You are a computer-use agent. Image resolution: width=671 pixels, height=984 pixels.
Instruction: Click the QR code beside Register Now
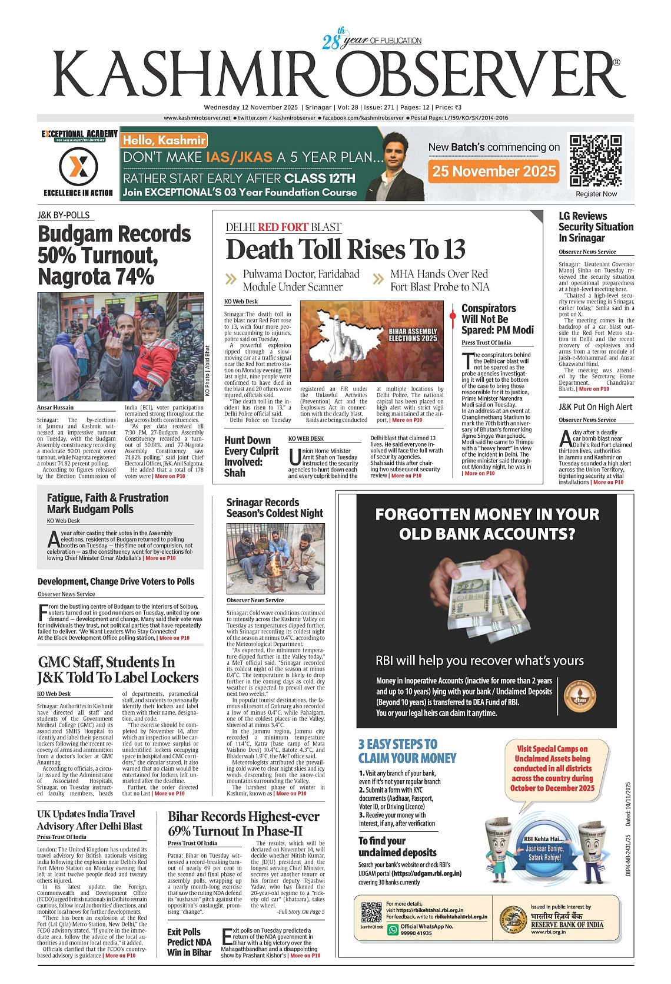pos(596,160)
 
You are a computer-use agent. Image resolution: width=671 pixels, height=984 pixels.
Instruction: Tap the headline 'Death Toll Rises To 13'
pos(346,250)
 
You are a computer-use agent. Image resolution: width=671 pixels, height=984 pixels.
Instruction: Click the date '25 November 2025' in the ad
pos(494,171)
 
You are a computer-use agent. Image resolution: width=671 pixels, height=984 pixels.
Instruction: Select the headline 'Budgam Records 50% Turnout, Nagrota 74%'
pos(114,255)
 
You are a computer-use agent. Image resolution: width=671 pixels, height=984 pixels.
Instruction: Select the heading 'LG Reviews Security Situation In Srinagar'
pos(596,227)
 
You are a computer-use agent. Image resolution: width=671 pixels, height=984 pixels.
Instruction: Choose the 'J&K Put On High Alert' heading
pos(595,407)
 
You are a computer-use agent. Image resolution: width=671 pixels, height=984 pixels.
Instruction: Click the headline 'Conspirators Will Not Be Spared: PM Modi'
pos(497,319)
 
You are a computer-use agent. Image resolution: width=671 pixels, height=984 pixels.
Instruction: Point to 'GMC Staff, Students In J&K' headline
pos(118,670)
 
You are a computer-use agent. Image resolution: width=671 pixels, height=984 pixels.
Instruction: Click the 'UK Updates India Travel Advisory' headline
pos(89,820)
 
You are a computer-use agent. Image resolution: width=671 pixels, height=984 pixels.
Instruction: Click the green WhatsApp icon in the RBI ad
pos(393,929)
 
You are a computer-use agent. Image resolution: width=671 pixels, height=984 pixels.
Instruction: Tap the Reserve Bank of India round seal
pos(513,920)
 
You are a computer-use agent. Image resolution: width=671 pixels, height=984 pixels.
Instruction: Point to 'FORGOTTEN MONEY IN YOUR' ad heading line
pos(487,514)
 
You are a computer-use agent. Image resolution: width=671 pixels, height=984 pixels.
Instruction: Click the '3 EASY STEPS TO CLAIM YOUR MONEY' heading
pos(407,751)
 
